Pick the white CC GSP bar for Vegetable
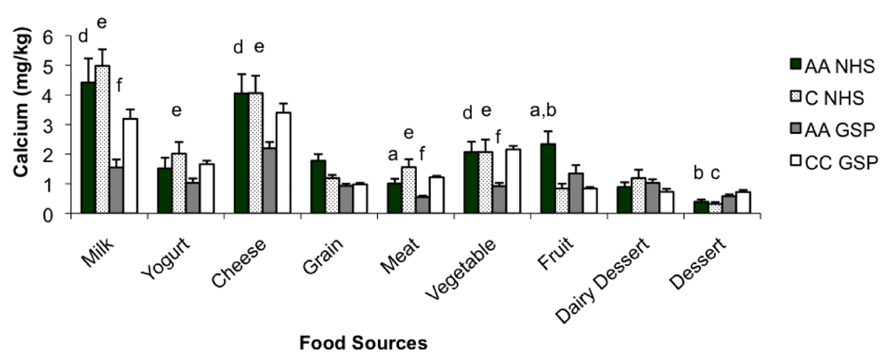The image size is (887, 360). coord(513,181)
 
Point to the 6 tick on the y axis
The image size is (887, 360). coord(61,35)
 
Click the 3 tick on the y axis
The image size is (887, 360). coord(61,125)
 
